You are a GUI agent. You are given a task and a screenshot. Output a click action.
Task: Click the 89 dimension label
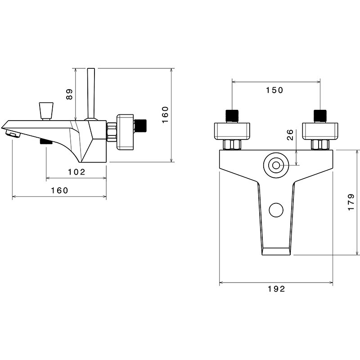click(x=69, y=94)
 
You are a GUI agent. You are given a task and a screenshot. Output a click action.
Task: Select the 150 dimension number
click(x=274, y=90)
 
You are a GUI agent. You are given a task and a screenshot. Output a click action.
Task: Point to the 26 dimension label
click(x=290, y=135)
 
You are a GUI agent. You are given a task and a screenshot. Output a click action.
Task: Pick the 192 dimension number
click(x=275, y=289)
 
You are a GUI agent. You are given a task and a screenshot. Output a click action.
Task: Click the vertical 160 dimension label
click(x=165, y=115)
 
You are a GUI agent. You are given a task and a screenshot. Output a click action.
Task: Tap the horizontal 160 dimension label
click(x=59, y=190)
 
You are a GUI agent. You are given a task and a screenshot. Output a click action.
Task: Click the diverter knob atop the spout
click(x=46, y=111)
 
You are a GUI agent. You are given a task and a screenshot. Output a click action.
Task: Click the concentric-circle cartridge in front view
click(x=275, y=165)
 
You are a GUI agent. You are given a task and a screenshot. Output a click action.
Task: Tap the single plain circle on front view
click(x=275, y=209)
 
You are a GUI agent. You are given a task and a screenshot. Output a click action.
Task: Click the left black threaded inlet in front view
click(x=231, y=116)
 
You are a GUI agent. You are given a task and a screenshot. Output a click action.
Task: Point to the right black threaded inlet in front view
click(x=320, y=116)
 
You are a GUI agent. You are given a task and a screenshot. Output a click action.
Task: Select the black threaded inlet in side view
click(x=141, y=124)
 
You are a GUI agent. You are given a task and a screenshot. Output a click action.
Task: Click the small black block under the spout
click(x=46, y=142)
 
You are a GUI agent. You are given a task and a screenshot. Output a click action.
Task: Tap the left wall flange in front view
click(x=232, y=130)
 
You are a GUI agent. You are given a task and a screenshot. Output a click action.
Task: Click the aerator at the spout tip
click(x=13, y=133)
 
